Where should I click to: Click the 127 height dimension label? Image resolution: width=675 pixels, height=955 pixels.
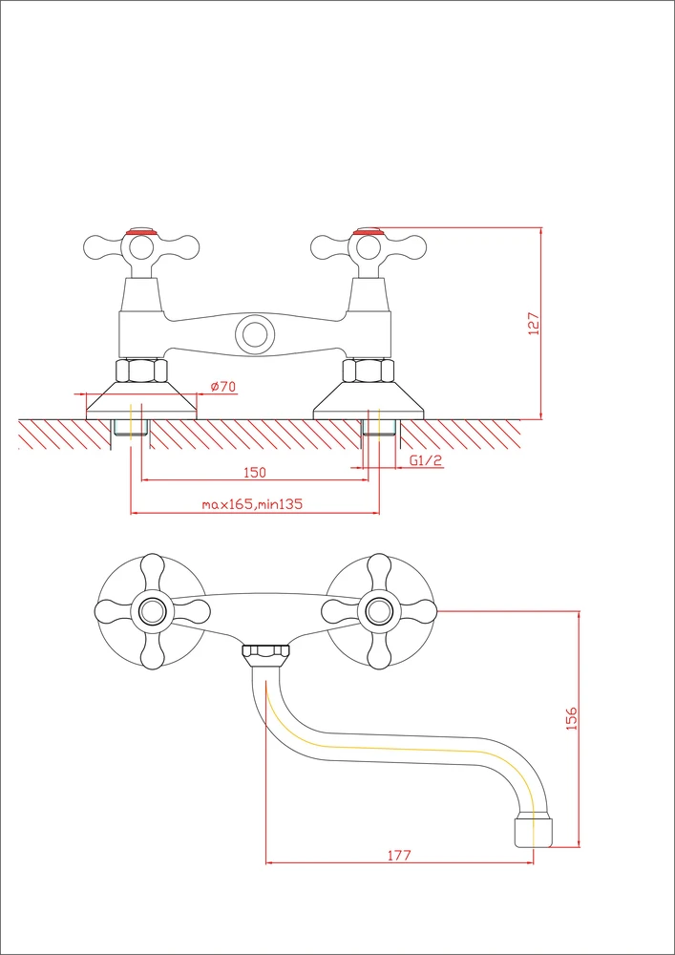coord(534,324)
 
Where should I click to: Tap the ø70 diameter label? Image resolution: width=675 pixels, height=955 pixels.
coord(223,386)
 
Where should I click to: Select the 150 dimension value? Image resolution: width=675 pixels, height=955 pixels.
coord(254,472)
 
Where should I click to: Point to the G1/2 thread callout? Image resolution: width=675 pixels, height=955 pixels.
coord(426,461)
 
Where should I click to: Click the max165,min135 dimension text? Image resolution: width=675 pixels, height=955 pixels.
coord(252,504)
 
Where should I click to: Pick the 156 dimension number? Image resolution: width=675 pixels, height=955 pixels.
coord(572,719)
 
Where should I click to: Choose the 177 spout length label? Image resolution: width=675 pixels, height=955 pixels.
coord(399,855)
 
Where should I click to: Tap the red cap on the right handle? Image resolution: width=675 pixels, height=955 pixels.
coord(369,231)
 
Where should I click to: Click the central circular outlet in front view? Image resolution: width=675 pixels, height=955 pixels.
coord(254,333)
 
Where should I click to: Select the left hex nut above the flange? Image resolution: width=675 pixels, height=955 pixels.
coord(141,371)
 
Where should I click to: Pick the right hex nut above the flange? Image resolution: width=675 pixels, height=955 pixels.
coord(369,371)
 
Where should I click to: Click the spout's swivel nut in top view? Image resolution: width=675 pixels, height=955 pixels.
coord(266,653)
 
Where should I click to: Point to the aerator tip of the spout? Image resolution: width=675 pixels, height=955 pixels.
coord(534,832)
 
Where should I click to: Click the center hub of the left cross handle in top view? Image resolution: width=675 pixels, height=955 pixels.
coord(152,611)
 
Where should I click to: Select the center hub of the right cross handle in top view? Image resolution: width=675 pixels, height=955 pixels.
coord(379,611)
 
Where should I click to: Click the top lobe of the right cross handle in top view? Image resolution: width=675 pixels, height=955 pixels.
coord(379,572)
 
